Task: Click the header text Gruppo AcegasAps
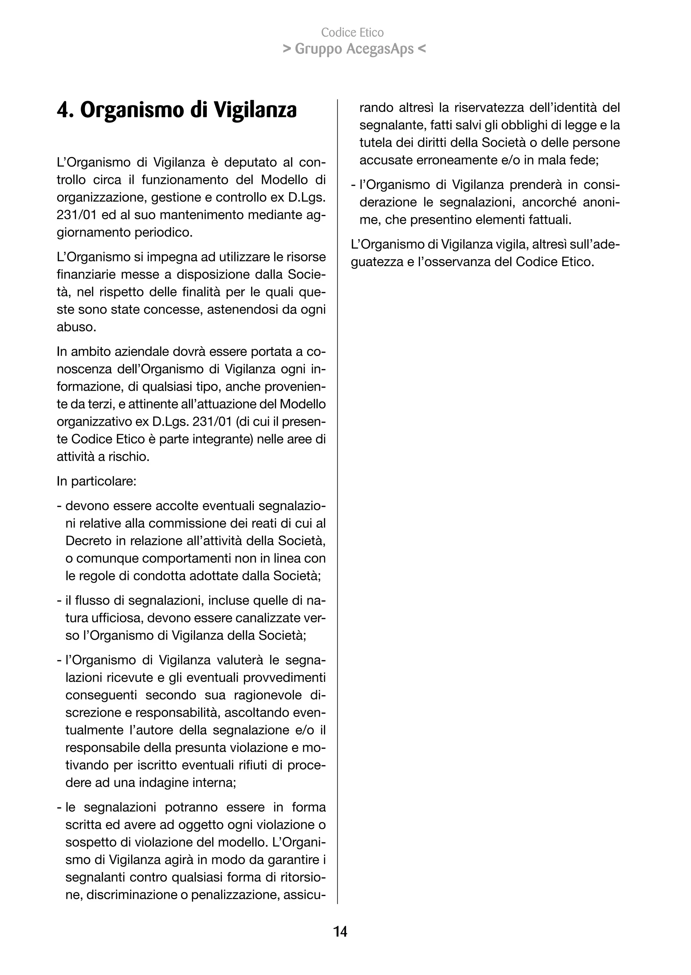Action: click(x=354, y=49)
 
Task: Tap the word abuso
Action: click(x=75, y=327)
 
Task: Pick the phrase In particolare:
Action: click(x=96, y=481)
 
